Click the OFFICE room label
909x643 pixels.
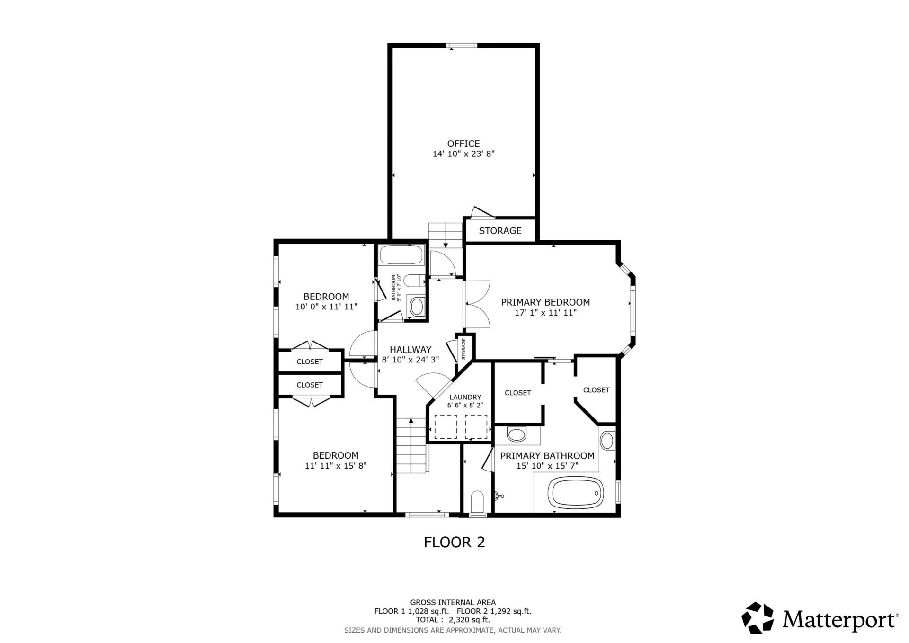point(463,144)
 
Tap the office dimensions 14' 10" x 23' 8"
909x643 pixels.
point(463,154)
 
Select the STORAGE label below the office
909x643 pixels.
point(500,231)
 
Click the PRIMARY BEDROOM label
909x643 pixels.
point(545,302)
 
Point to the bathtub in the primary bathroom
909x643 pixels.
point(575,494)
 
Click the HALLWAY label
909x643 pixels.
point(410,350)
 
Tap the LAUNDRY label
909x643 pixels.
point(465,397)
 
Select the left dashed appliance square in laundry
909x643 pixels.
point(445,426)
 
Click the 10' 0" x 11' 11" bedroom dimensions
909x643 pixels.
point(326,307)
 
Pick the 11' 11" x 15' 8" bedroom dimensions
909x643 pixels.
point(336,466)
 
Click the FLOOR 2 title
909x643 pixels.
point(454,542)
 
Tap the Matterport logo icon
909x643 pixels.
point(757,618)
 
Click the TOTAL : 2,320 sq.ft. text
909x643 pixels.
point(453,619)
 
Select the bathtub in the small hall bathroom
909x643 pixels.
point(401,255)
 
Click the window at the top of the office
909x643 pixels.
point(462,45)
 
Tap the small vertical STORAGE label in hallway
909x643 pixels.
point(463,349)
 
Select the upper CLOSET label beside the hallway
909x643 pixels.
point(309,362)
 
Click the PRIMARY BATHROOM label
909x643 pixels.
point(547,456)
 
